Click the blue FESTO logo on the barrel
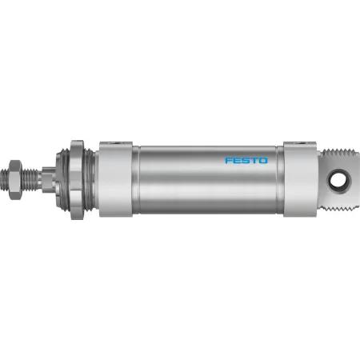(246, 160)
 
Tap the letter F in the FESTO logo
(229, 160)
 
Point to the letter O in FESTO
(263, 160)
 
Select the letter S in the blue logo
(246, 160)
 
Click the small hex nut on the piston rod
(15, 180)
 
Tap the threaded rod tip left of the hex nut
(5, 180)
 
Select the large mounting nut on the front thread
(77, 180)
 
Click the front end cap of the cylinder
(116, 180)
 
